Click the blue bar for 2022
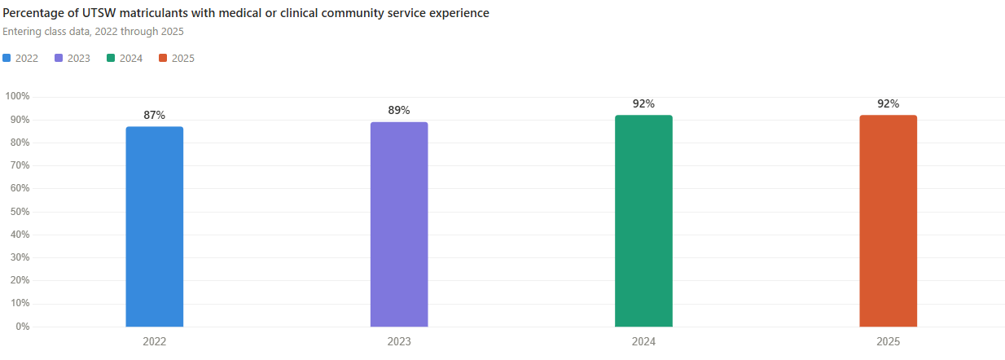coord(154,226)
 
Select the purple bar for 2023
coord(399,224)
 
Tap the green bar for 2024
coord(643,221)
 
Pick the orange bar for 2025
coord(888,221)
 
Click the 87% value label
coord(155,116)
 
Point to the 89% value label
coord(399,110)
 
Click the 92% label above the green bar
coord(643,104)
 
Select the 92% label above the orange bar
coord(888,104)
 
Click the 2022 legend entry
coord(21,59)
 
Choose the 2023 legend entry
coord(73,59)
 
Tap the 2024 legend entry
coord(125,59)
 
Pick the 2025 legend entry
coord(178,59)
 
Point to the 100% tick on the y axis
coord(17,96)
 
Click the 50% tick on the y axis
coord(19,212)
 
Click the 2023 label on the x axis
coord(399,342)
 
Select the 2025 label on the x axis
coord(888,342)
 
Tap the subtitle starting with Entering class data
coord(93,32)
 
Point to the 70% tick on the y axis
coord(19,165)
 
